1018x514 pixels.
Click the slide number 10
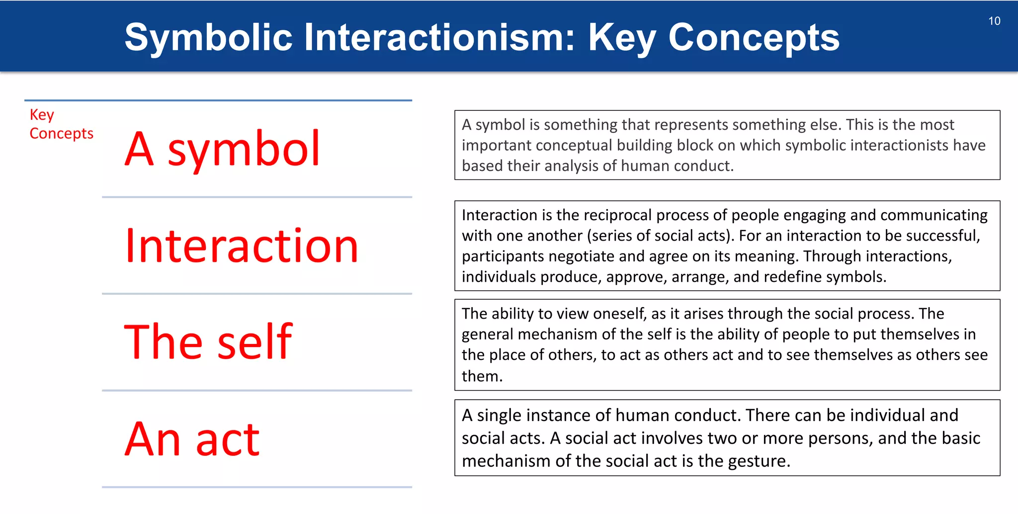click(x=994, y=21)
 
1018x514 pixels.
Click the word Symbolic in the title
click(x=208, y=37)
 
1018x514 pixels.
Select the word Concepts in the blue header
click(x=754, y=37)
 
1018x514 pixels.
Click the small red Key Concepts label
click(x=61, y=124)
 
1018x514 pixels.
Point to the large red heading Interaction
click(x=242, y=246)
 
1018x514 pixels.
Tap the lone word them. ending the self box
click(x=482, y=376)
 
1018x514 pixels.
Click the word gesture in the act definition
click(x=758, y=461)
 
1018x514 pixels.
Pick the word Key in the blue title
click(x=622, y=37)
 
